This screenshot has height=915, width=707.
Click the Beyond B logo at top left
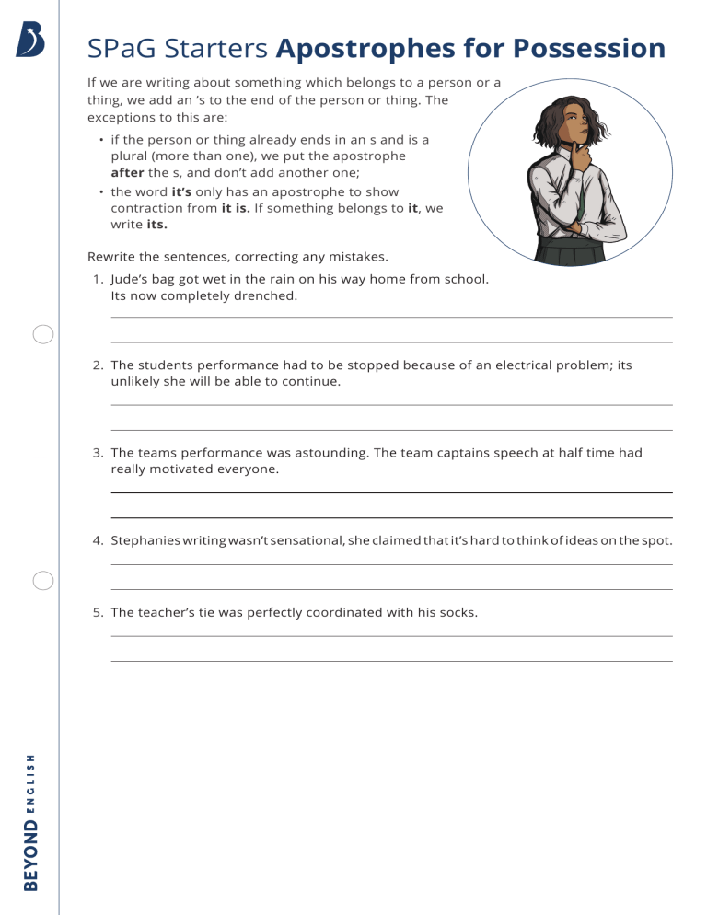point(29,41)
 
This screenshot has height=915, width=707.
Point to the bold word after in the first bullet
point(128,172)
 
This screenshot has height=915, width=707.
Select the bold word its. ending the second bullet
point(157,224)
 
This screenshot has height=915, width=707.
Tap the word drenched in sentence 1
point(268,295)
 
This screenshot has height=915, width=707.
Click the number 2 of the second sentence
point(98,365)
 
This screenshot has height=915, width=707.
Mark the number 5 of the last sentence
point(98,611)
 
